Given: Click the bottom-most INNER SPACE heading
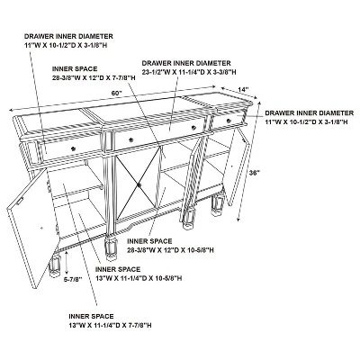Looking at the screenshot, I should [91, 316].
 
